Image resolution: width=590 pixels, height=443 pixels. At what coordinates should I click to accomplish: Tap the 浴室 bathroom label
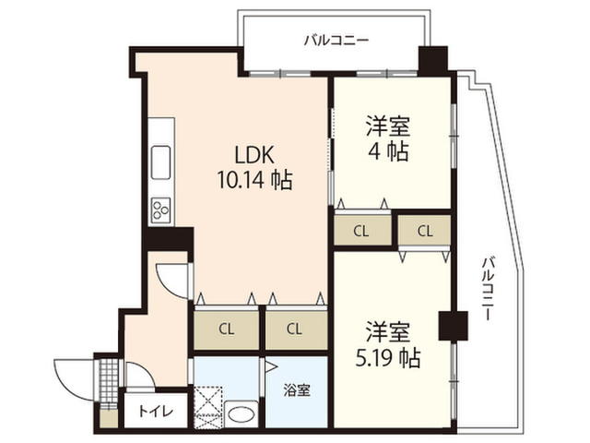click(297, 389)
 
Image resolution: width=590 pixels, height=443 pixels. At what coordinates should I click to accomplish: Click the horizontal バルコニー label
click(336, 41)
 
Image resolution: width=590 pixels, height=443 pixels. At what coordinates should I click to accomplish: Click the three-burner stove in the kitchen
click(159, 210)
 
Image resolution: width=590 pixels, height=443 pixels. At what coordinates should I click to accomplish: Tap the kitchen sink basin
click(159, 158)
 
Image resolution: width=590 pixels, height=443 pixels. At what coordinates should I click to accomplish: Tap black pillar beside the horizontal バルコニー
click(431, 60)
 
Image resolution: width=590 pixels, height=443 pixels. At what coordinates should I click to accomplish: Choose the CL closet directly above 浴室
click(294, 329)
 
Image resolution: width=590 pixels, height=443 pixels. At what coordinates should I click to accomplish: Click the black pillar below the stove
click(167, 237)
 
